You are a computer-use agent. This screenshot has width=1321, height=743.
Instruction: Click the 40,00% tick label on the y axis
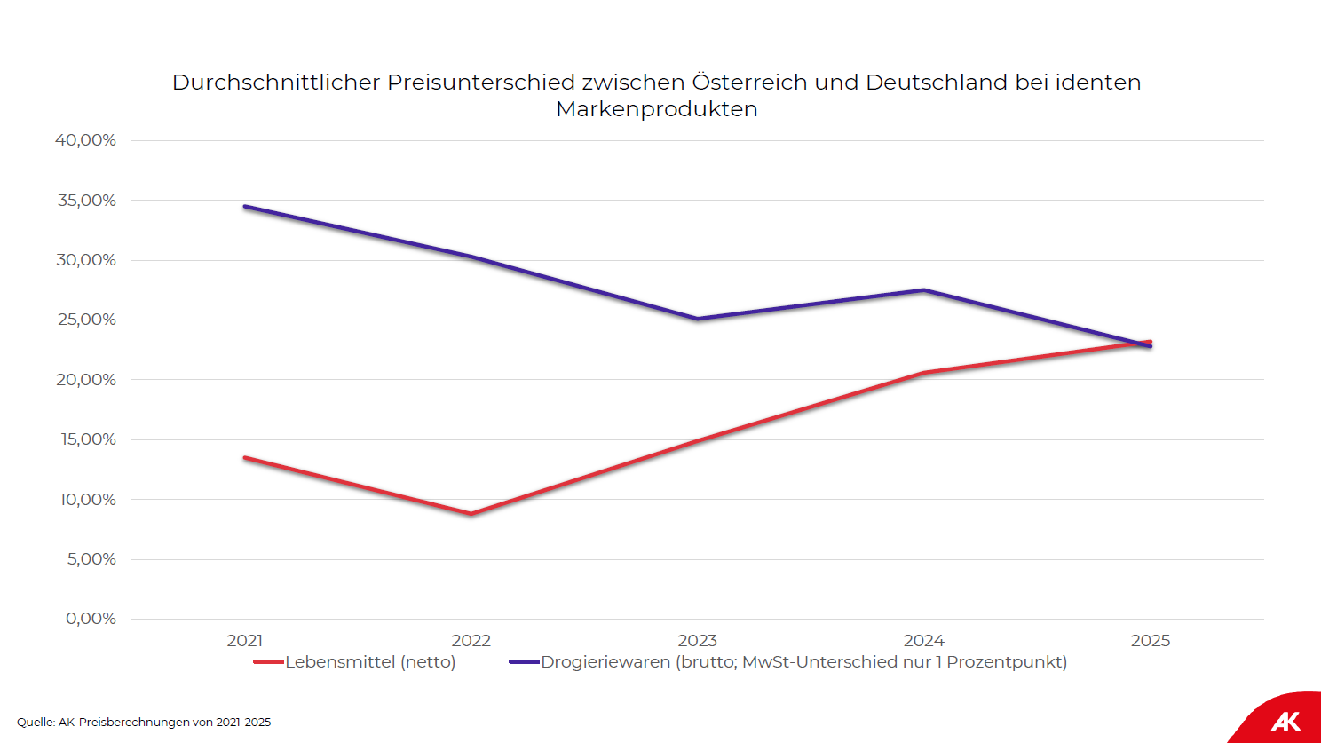tap(85, 140)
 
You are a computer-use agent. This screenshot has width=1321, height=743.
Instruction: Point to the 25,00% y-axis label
tap(86, 320)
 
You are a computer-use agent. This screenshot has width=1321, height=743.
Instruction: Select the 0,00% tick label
tap(91, 619)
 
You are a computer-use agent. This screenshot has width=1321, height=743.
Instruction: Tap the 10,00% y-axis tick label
tap(87, 500)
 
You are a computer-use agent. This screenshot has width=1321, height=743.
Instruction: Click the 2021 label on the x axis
tap(244, 641)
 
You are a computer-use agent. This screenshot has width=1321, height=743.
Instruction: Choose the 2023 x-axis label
tap(697, 641)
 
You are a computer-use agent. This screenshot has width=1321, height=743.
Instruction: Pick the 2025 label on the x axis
tap(1150, 641)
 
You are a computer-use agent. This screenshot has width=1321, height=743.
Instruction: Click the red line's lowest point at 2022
tap(471, 513)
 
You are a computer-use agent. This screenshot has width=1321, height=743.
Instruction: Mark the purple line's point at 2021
tap(245, 207)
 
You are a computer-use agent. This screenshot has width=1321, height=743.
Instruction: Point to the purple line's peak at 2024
tap(923, 290)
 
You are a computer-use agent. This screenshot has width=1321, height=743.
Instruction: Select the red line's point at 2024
tap(923, 373)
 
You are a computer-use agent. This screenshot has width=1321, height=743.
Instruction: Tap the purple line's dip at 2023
tap(697, 319)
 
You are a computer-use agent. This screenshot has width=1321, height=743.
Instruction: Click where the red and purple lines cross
tap(1143, 344)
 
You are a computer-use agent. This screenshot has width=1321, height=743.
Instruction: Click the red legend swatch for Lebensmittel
tap(268, 662)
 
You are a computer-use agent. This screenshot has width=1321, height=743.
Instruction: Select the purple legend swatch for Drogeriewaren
tap(524, 662)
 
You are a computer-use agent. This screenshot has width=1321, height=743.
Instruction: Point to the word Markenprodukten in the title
tap(657, 109)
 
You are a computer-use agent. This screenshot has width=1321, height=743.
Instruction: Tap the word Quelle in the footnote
tap(36, 723)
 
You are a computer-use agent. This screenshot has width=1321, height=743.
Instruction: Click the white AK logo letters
tap(1285, 721)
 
